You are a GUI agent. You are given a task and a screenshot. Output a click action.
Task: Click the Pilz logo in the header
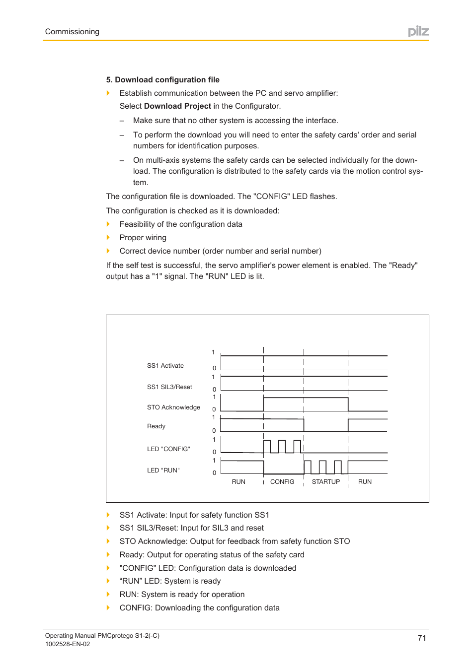point(418,32)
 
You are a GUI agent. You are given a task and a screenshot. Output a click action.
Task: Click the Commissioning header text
point(72,32)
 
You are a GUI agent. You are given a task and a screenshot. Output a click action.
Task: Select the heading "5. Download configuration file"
point(162,80)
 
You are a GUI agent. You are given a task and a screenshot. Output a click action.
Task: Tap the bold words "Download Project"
point(177,106)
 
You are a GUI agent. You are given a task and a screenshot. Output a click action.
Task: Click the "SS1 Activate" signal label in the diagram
point(165,366)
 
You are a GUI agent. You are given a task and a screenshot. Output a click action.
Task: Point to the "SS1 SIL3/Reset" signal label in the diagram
point(169,387)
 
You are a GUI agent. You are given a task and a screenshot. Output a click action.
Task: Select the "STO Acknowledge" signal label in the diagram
point(173,407)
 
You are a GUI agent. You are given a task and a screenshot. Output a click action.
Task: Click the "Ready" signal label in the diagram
point(156,426)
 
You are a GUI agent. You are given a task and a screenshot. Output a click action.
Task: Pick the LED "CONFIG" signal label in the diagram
point(168,449)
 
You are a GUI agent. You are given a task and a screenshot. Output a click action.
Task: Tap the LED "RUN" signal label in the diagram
point(163,470)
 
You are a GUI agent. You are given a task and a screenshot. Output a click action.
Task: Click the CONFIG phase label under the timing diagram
point(282,482)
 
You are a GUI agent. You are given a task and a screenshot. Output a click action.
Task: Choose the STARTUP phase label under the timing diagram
point(326,482)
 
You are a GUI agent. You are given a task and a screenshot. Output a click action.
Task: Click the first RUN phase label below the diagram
point(238,482)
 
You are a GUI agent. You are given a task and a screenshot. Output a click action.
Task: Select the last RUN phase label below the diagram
point(365,482)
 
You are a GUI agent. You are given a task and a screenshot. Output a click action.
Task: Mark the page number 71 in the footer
point(422,638)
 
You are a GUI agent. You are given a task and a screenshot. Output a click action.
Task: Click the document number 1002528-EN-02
point(68,644)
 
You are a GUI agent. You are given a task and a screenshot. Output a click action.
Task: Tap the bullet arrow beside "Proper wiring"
point(108,238)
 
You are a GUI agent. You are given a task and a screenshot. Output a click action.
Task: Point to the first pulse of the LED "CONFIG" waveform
point(267,446)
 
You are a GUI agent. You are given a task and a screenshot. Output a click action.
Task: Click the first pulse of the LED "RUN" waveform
point(308,467)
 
